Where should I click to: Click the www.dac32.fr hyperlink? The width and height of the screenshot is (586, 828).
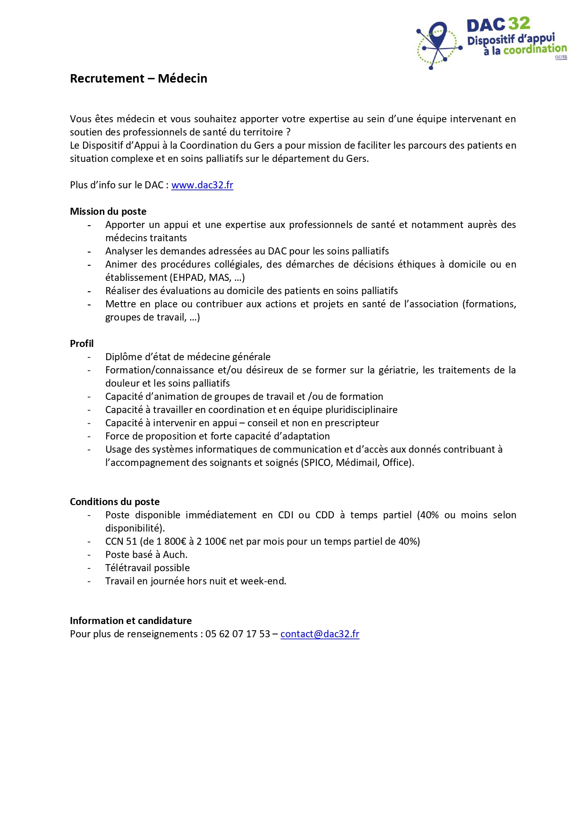[202, 185]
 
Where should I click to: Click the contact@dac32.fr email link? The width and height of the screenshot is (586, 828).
[320, 634]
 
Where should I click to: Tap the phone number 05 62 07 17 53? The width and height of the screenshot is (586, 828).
[238, 634]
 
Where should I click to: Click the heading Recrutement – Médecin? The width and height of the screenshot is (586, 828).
[138, 78]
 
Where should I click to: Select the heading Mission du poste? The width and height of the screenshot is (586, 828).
[108, 211]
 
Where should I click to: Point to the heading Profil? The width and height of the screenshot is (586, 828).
[82, 344]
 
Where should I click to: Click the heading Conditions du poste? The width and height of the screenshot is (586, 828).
[115, 502]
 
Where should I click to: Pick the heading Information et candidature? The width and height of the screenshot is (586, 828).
[131, 621]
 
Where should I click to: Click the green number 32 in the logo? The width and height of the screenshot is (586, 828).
[519, 24]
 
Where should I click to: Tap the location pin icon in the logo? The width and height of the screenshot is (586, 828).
[438, 34]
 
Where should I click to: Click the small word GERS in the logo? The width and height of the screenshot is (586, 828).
[561, 57]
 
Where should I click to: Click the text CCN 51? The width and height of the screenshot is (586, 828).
[121, 541]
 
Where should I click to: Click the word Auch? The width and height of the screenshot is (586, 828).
[175, 555]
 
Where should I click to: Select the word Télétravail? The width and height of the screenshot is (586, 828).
[127, 568]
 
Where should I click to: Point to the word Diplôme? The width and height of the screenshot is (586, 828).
[123, 357]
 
